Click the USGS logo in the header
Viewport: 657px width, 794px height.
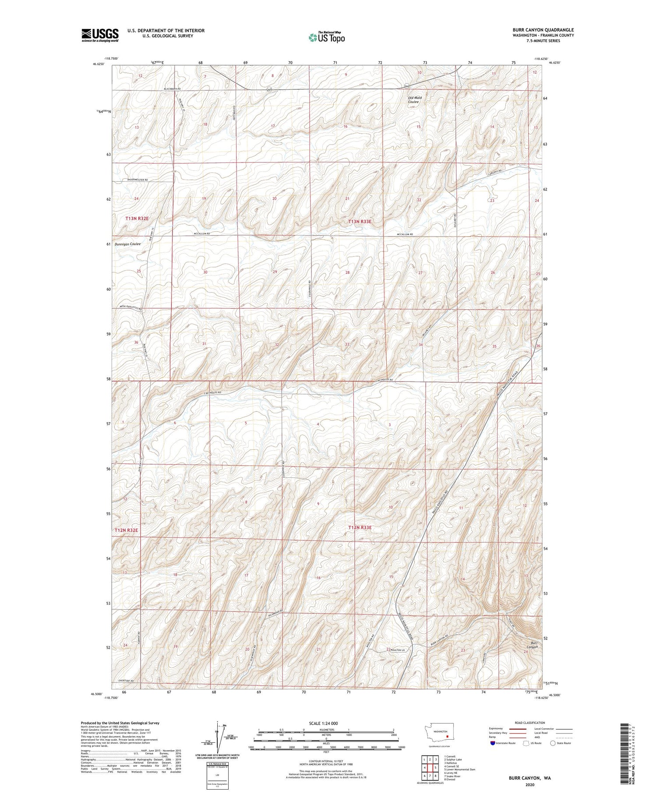[100, 35]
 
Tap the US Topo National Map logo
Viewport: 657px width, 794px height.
[326, 37]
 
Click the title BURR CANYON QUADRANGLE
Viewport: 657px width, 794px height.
[543, 30]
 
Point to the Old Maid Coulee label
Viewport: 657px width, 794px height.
[413, 100]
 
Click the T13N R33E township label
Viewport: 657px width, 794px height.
[360, 222]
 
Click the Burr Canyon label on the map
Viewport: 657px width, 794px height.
[532, 645]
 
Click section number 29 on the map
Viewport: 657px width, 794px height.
[275, 272]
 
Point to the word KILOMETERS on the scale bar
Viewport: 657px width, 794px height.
[326, 730]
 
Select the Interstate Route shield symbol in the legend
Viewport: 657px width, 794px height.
[492, 743]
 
